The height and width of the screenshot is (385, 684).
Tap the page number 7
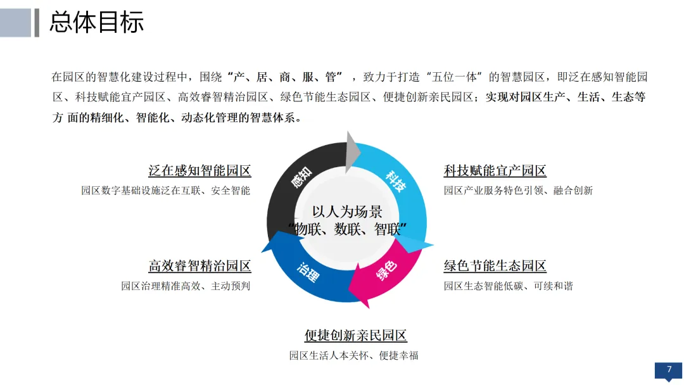(x=669, y=370)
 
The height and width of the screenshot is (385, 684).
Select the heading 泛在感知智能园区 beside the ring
(x=199, y=171)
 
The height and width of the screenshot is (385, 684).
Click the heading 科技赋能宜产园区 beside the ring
(x=495, y=171)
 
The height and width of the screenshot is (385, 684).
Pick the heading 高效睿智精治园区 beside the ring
(x=199, y=266)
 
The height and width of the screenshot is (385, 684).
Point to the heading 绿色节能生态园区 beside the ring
(x=495, y=266)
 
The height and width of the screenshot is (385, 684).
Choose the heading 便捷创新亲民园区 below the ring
(x=355, y=336)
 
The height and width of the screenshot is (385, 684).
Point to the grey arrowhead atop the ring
(x=352, y=149)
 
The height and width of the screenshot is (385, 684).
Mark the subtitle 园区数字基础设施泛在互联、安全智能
(x=165, y=191)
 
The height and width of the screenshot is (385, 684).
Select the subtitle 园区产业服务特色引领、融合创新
(x=518, y=191)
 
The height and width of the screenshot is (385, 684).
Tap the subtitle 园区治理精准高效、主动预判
(x=186, y=286)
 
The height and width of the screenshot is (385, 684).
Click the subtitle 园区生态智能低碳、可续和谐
(x=508, y=286)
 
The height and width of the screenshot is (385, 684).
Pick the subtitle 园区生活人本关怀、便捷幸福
(x=353, y=355)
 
